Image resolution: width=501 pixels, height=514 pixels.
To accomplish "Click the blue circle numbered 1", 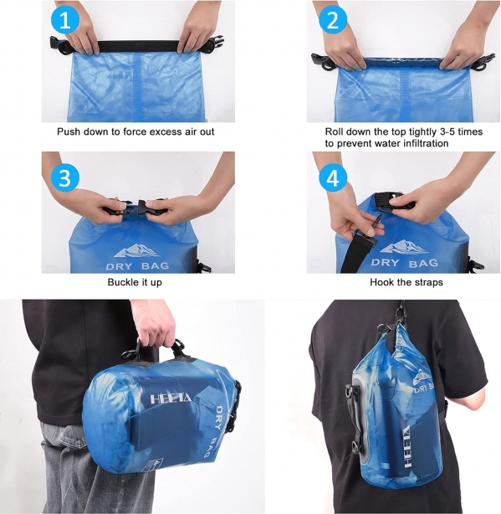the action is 65,21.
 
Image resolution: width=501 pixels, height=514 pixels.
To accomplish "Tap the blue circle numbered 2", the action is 333,21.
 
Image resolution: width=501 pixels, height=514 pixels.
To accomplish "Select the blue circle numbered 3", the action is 65,178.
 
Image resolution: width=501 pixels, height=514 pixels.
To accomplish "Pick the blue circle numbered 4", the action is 333,178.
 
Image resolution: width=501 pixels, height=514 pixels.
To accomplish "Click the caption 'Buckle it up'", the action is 135,282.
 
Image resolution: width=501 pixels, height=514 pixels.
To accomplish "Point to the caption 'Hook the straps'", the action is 406,282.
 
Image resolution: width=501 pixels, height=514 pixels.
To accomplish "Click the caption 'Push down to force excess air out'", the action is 135,131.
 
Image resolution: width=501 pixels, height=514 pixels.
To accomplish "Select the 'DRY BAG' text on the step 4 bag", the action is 405,263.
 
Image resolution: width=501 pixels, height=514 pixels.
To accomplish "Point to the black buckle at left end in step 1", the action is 59,44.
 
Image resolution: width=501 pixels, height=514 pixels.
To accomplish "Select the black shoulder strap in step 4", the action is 359,253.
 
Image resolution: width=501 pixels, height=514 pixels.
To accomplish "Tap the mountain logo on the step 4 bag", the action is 403,248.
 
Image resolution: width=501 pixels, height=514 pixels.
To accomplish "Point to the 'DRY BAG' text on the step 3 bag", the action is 137,266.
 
